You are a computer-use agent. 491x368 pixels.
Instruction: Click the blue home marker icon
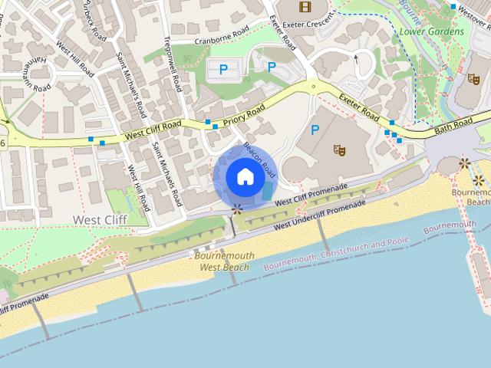click(x=245, y=176)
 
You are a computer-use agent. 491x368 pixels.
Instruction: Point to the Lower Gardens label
click(x=432, y=31)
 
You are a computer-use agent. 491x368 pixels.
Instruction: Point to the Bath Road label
click(x=454, y=125)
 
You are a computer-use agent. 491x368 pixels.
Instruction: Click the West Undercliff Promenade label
click(x=319, y=215)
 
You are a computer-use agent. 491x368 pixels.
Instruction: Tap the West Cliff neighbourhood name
click(x=99, y=219)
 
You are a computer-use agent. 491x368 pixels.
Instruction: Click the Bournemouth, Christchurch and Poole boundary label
click(x=337, y=254)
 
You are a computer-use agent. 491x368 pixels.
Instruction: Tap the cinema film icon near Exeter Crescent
click(x=306, y=7)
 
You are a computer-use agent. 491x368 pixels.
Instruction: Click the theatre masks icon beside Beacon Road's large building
click(x=339, y=149)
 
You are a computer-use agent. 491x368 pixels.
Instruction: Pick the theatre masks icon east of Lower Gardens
click(x=473, y=78)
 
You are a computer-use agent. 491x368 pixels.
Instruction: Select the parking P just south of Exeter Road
click(x=315, y=130)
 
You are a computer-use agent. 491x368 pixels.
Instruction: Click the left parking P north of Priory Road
click(x=223, y=70)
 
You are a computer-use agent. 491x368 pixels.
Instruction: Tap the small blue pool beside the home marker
click(x=267, y=192)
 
